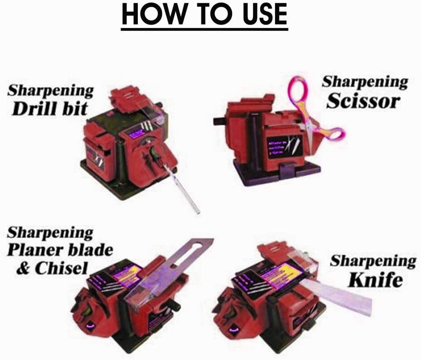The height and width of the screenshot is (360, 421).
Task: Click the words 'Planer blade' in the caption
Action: (59, 250)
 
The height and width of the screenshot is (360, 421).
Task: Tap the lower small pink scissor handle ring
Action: (334, 133)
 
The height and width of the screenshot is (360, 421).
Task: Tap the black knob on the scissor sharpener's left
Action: (220, 121)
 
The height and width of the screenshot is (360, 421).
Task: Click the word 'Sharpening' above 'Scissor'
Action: (365, 82)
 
